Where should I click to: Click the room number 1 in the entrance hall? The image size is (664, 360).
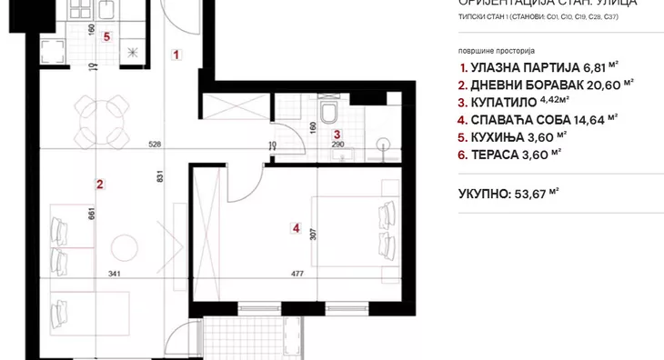[x=176, y=55]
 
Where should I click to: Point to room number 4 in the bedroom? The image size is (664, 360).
[x=296, y=227]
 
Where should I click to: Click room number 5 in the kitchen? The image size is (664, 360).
[x=106, y=37]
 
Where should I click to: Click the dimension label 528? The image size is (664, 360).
[x=155, y=144]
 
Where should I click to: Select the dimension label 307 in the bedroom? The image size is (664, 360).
[x=313, y=232]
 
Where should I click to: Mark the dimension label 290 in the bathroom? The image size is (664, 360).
[x=337, y=145]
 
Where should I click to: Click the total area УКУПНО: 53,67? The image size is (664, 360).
[x=508, y=193]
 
